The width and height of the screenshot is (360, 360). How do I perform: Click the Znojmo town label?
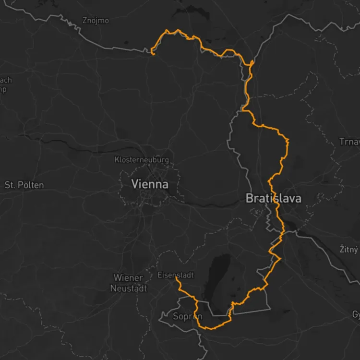click(96, 21)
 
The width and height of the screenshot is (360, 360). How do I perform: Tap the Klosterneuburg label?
click(142, 160)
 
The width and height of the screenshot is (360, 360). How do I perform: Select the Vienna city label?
click(150, 184)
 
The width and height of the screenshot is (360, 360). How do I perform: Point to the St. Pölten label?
click(24, 185)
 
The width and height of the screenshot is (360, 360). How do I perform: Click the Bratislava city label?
click(273, 198)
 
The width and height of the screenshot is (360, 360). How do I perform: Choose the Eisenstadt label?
click(176, 275)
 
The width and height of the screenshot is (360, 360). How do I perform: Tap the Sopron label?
click(188, 317)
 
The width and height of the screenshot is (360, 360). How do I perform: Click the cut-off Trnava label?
click(349, 142)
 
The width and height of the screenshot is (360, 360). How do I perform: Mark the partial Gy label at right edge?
click(356, 315)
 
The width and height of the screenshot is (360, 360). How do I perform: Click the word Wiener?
click(128, 278)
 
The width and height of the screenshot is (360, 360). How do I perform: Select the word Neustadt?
click(129, 288)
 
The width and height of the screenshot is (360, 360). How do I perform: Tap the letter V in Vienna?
click(135, 184)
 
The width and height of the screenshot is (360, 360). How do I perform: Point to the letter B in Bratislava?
click(250, 198)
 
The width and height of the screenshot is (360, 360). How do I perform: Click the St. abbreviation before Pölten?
click(10, 185)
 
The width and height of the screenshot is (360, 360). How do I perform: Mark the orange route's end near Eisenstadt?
click(177, 277)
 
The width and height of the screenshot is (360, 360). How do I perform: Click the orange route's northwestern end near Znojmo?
click(153, 55)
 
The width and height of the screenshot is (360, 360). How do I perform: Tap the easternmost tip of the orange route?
click(289, 140)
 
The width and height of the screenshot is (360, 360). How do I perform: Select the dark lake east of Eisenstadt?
click(218, 278)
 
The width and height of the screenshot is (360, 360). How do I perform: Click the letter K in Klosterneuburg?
click(117, 160)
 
